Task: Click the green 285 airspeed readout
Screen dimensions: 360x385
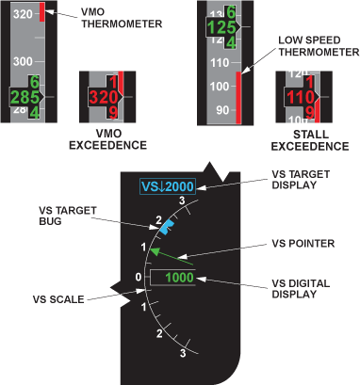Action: [x=25, y=97]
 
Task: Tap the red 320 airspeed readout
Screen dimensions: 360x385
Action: [x=104, y=97]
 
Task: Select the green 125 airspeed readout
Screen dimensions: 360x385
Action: [x=221, y=27]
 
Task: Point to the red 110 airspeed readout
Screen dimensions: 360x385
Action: [x=301, y=97]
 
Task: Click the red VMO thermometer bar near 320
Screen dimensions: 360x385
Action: [x=42, y=12]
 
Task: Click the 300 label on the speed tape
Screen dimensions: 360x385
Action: [x=23, y=61]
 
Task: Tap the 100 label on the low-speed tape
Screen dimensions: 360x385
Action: [x=220, y=87]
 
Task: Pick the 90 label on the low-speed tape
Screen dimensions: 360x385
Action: [x=222, y=110]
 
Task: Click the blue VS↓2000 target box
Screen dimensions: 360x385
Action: [x=168, y=186]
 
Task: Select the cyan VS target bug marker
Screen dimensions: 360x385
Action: [x=167, y=227]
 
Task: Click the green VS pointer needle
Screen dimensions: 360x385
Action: [x=172, y=257]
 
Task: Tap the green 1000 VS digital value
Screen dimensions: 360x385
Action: [x=179, y=278]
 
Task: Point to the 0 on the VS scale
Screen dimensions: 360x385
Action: [x=139, y=278]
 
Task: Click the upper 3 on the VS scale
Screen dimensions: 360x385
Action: [x=182, y=201]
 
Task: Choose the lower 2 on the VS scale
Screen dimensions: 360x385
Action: [x=159, y=333]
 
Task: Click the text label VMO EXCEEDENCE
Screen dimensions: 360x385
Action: [x=108, y=139]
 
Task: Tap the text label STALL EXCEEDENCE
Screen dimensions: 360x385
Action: [x=310, y=140]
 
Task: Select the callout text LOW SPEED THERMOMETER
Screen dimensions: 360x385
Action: [x=319, y=46]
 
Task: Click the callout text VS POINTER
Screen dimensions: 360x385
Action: [x=303, y=244]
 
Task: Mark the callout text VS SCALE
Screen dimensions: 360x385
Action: [x=58, y=299]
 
